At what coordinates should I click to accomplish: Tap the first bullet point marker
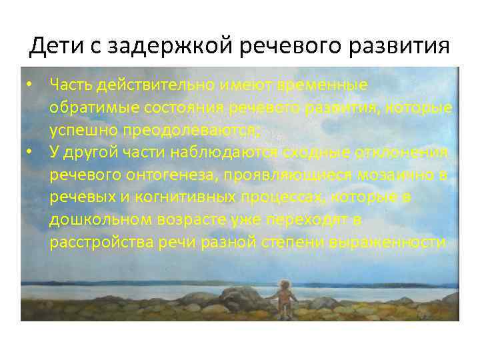pos(30,85)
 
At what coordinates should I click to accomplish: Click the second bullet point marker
pos(30,151)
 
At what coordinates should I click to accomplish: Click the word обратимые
pos(89,107)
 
